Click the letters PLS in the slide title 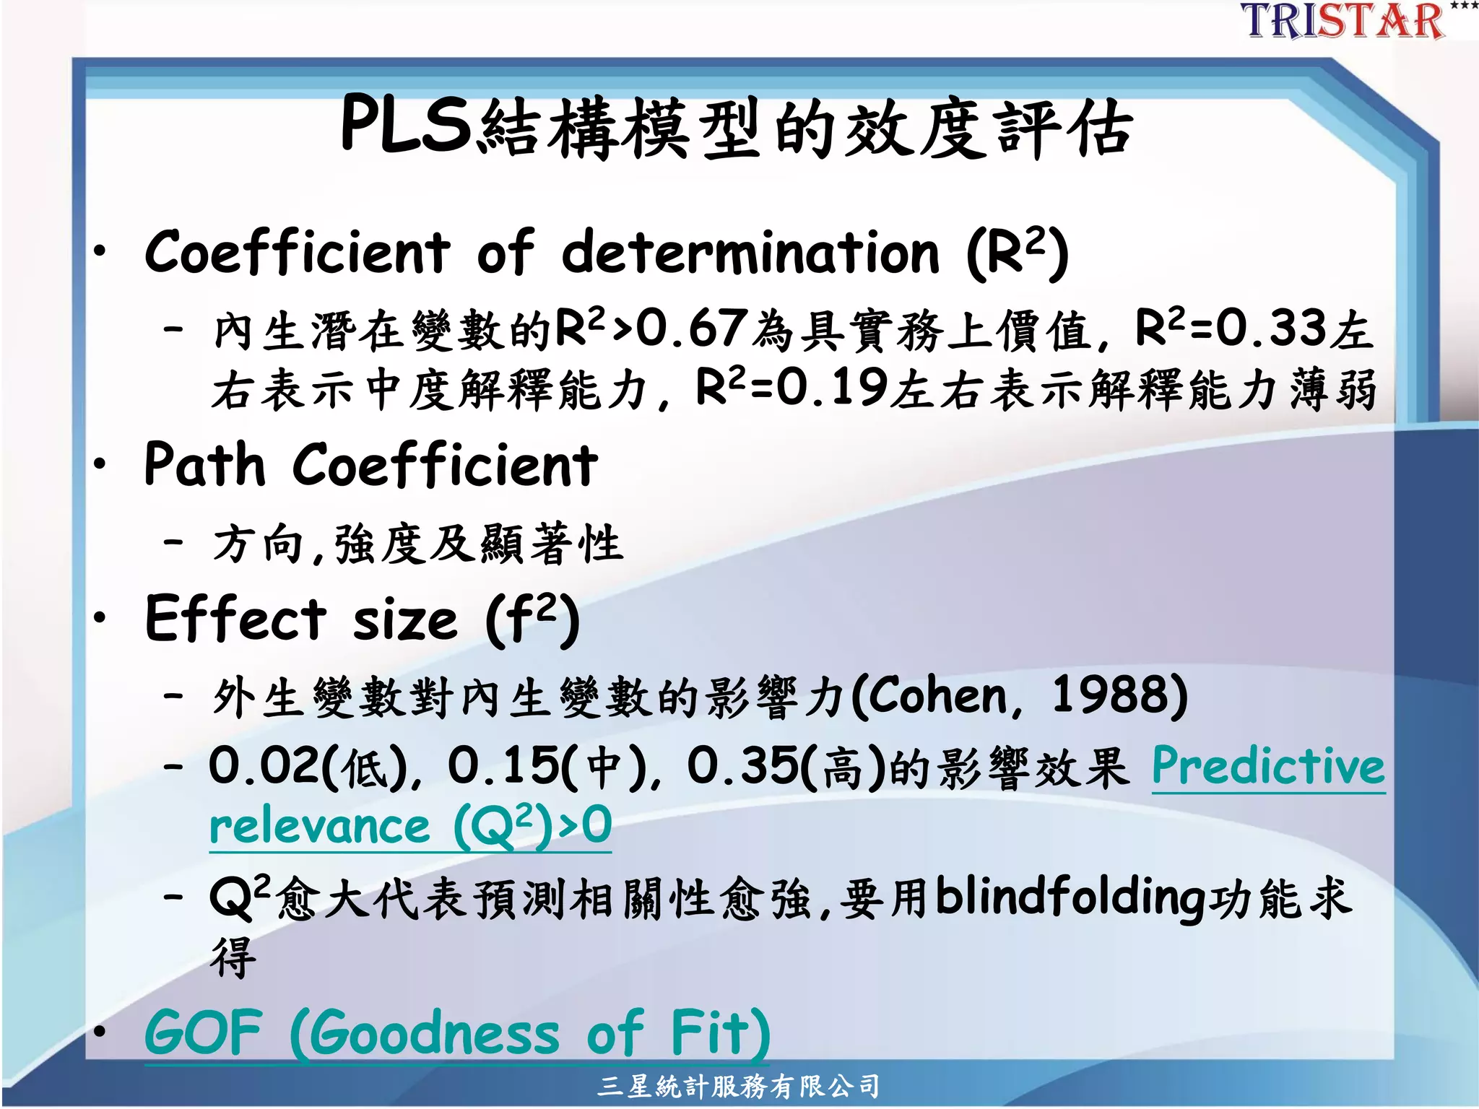406,126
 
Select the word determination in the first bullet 751,253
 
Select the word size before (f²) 405,621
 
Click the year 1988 1109,697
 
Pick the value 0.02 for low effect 264,766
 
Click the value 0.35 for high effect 743,766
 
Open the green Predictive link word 1268,766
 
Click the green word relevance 319,827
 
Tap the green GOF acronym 204,1033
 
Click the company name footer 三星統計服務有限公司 739,1085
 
